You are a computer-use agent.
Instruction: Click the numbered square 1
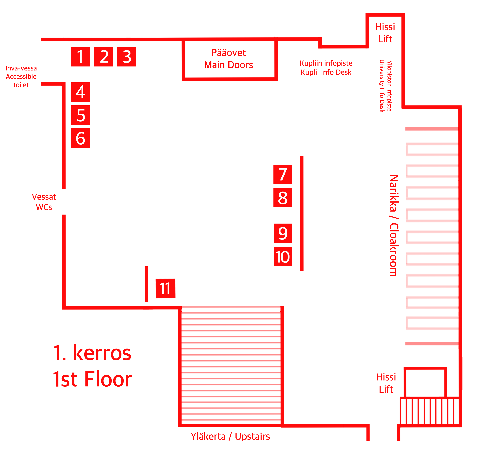click(x=80, y=57)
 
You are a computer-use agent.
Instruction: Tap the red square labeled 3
click(x=127, y=57)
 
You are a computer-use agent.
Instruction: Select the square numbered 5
click(x=81, y=115)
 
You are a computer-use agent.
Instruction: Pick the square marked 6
click(x=81, y=138)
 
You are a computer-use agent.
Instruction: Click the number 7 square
click(x=283, y=174)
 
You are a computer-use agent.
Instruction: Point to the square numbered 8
click(x=283, y=198)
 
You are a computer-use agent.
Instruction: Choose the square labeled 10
click(x=283, y=257)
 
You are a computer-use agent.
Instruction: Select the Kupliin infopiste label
click(x=326, y=63)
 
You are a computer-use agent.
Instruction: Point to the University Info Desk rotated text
click(x=382, y=86)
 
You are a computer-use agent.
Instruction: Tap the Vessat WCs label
click(x=44, y=202)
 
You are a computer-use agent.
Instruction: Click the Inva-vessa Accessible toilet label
click(x=21, y=76)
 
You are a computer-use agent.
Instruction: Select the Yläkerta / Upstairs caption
click(x=230, y=437)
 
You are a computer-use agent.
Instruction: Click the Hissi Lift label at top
click(x=385, y=33)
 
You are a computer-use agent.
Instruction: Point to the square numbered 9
click(x=283, y=233)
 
